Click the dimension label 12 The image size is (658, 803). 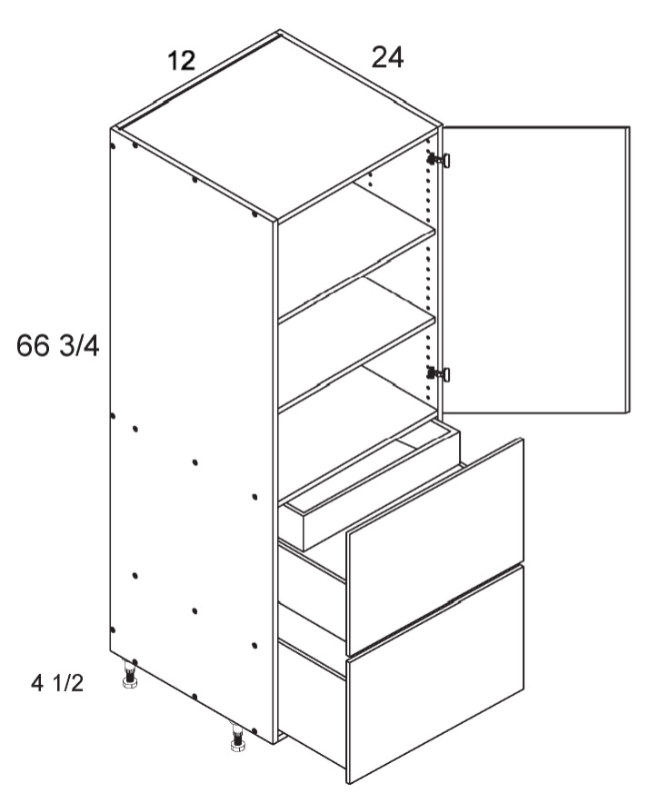pos(182,61)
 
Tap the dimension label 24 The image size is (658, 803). pos(387,57)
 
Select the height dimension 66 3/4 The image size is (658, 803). pos(58,345)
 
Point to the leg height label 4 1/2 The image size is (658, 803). pos(57,683)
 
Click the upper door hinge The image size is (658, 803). pos(439,160)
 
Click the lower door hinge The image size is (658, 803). pos(439,374)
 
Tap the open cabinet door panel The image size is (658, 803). pos(535,270)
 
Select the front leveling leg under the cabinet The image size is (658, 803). pos(237,738)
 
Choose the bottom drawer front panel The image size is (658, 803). pos(435,674)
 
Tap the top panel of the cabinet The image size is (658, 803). pos(276,125)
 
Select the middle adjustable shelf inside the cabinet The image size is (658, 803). pos(356,363)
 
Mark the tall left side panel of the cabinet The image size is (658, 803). pos(192,435)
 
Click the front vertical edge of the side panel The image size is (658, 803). pos(275,481)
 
